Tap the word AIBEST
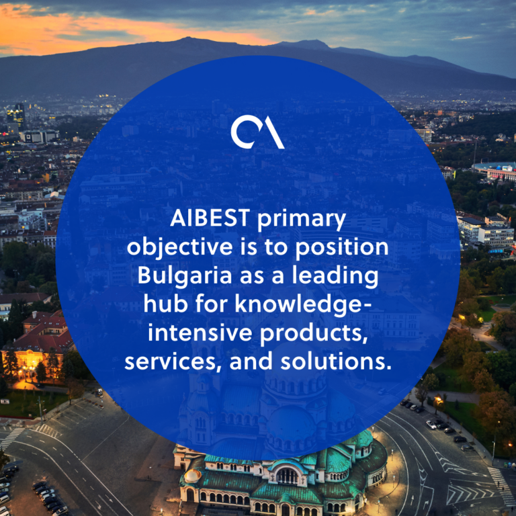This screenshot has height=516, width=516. tap(210, 218)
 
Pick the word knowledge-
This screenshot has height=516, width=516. tap(303, 305)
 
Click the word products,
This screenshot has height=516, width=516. tap(314, 333)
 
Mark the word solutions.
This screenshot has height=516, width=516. tap(336, 361)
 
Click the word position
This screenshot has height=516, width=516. tap(341, 247)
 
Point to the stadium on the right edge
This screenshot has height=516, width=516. tap(494, 170)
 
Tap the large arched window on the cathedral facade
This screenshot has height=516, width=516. tap(287, 476)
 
